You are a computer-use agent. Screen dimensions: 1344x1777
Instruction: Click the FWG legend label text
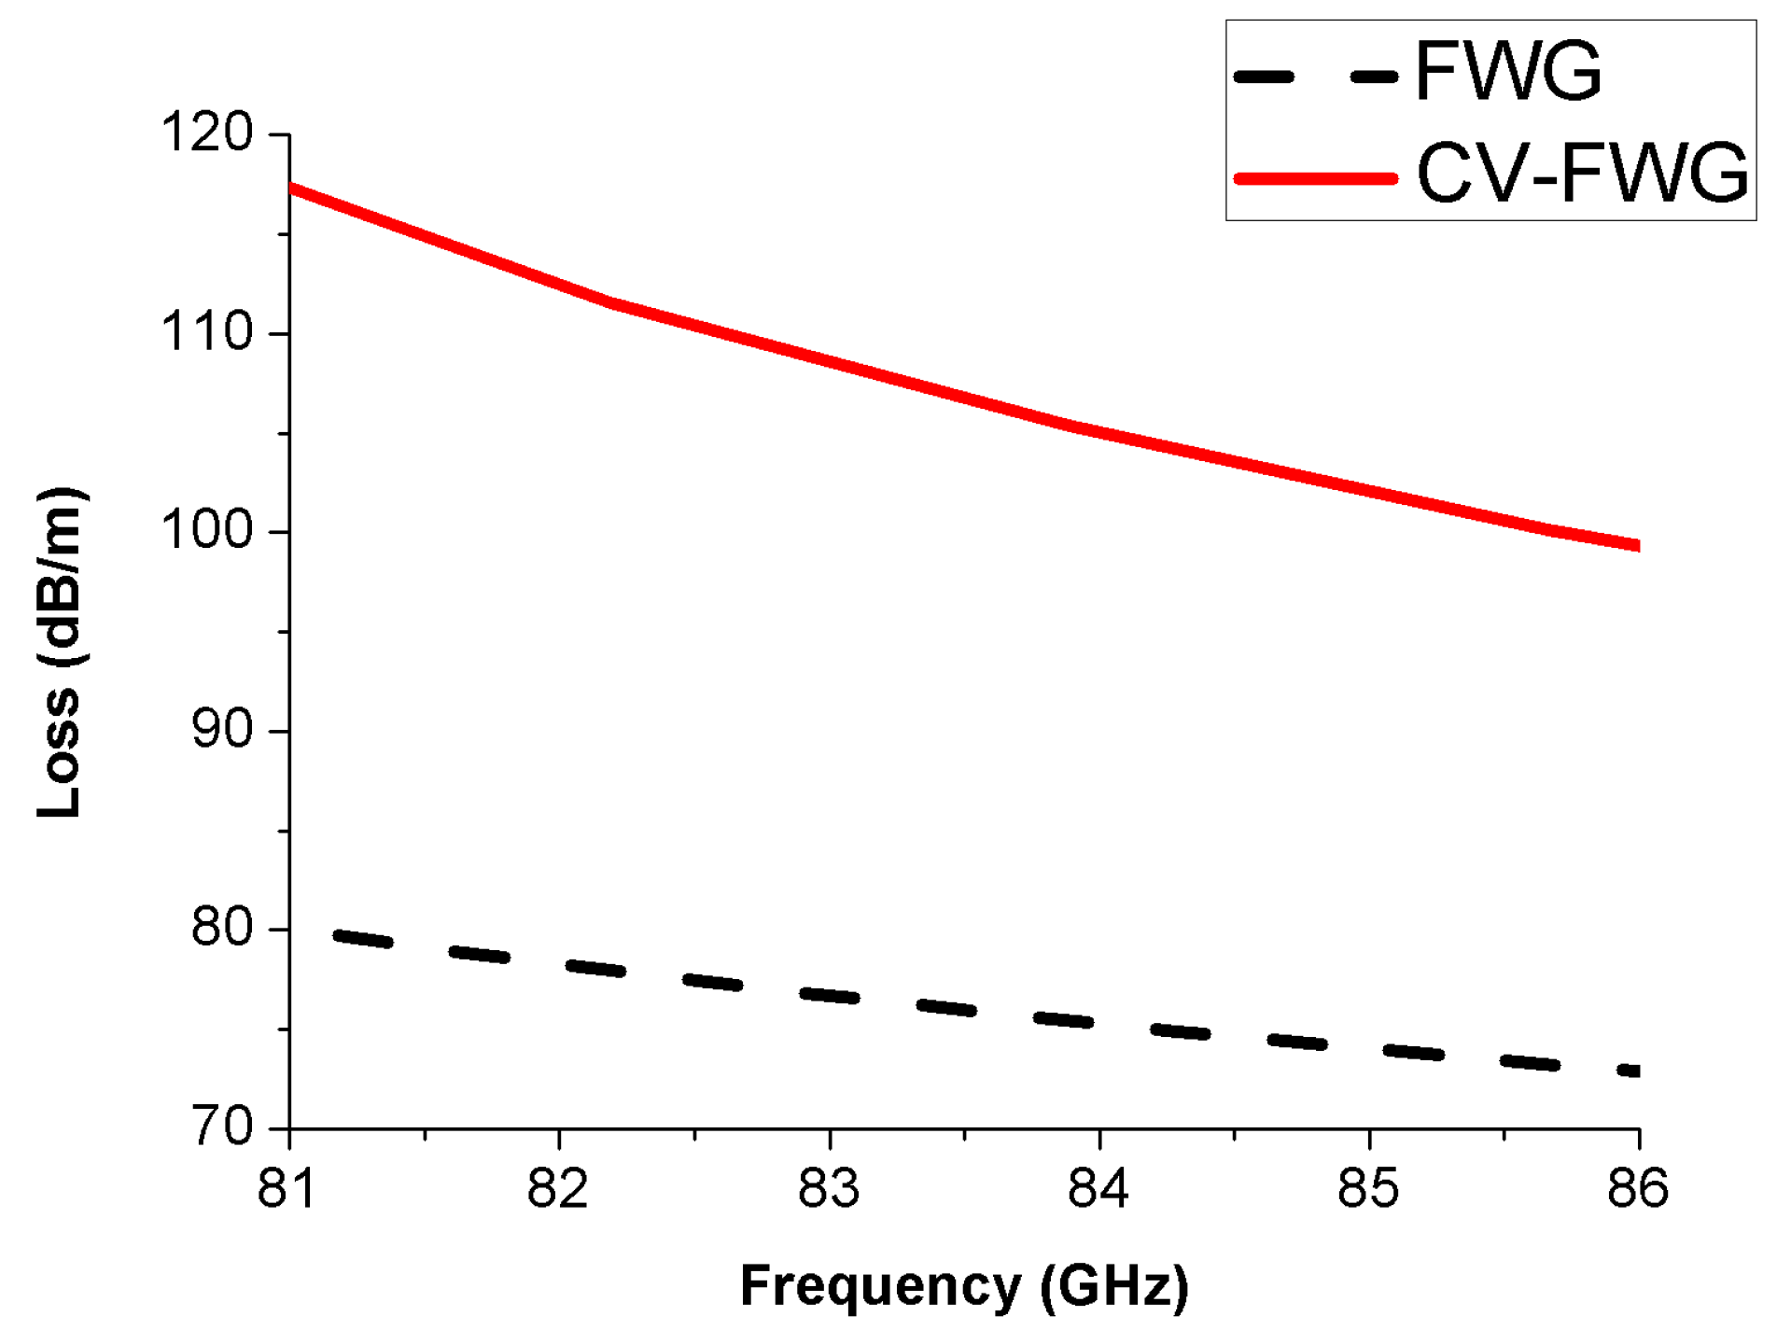pyautogui.click(x=1508, y=73)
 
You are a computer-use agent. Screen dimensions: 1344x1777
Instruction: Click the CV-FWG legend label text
pyautogui.click(x=1582, y=174)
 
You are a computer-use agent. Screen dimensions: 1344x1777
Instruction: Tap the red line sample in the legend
pyautogui.click(x=1315, y=177)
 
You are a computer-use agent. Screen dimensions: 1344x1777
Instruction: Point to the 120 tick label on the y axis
pyautogui.click(x=207, y=133)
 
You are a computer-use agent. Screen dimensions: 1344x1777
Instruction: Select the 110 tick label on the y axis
pyautogui.click(x=207, y=332)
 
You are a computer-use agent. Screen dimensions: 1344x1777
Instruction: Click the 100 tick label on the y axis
pyautogui.click(x=207, y=531)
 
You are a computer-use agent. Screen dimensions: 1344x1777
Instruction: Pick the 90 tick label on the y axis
pyautogui.click(x=222, y=730)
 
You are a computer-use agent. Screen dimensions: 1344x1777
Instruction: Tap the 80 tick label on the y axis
pyautogui.click(x=222, y=929)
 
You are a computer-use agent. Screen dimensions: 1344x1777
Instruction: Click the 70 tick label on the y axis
pyautogui.click(x=222, y=1127)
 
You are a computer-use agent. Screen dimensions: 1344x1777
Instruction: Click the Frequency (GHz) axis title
pyautogui.click(x=964, y=1286)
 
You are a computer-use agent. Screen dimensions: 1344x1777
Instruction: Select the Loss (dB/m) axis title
pyautogui.click(x=61, y=653)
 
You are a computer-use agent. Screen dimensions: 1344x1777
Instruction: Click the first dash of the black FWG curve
pyautogui.click(x=363, y=939)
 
